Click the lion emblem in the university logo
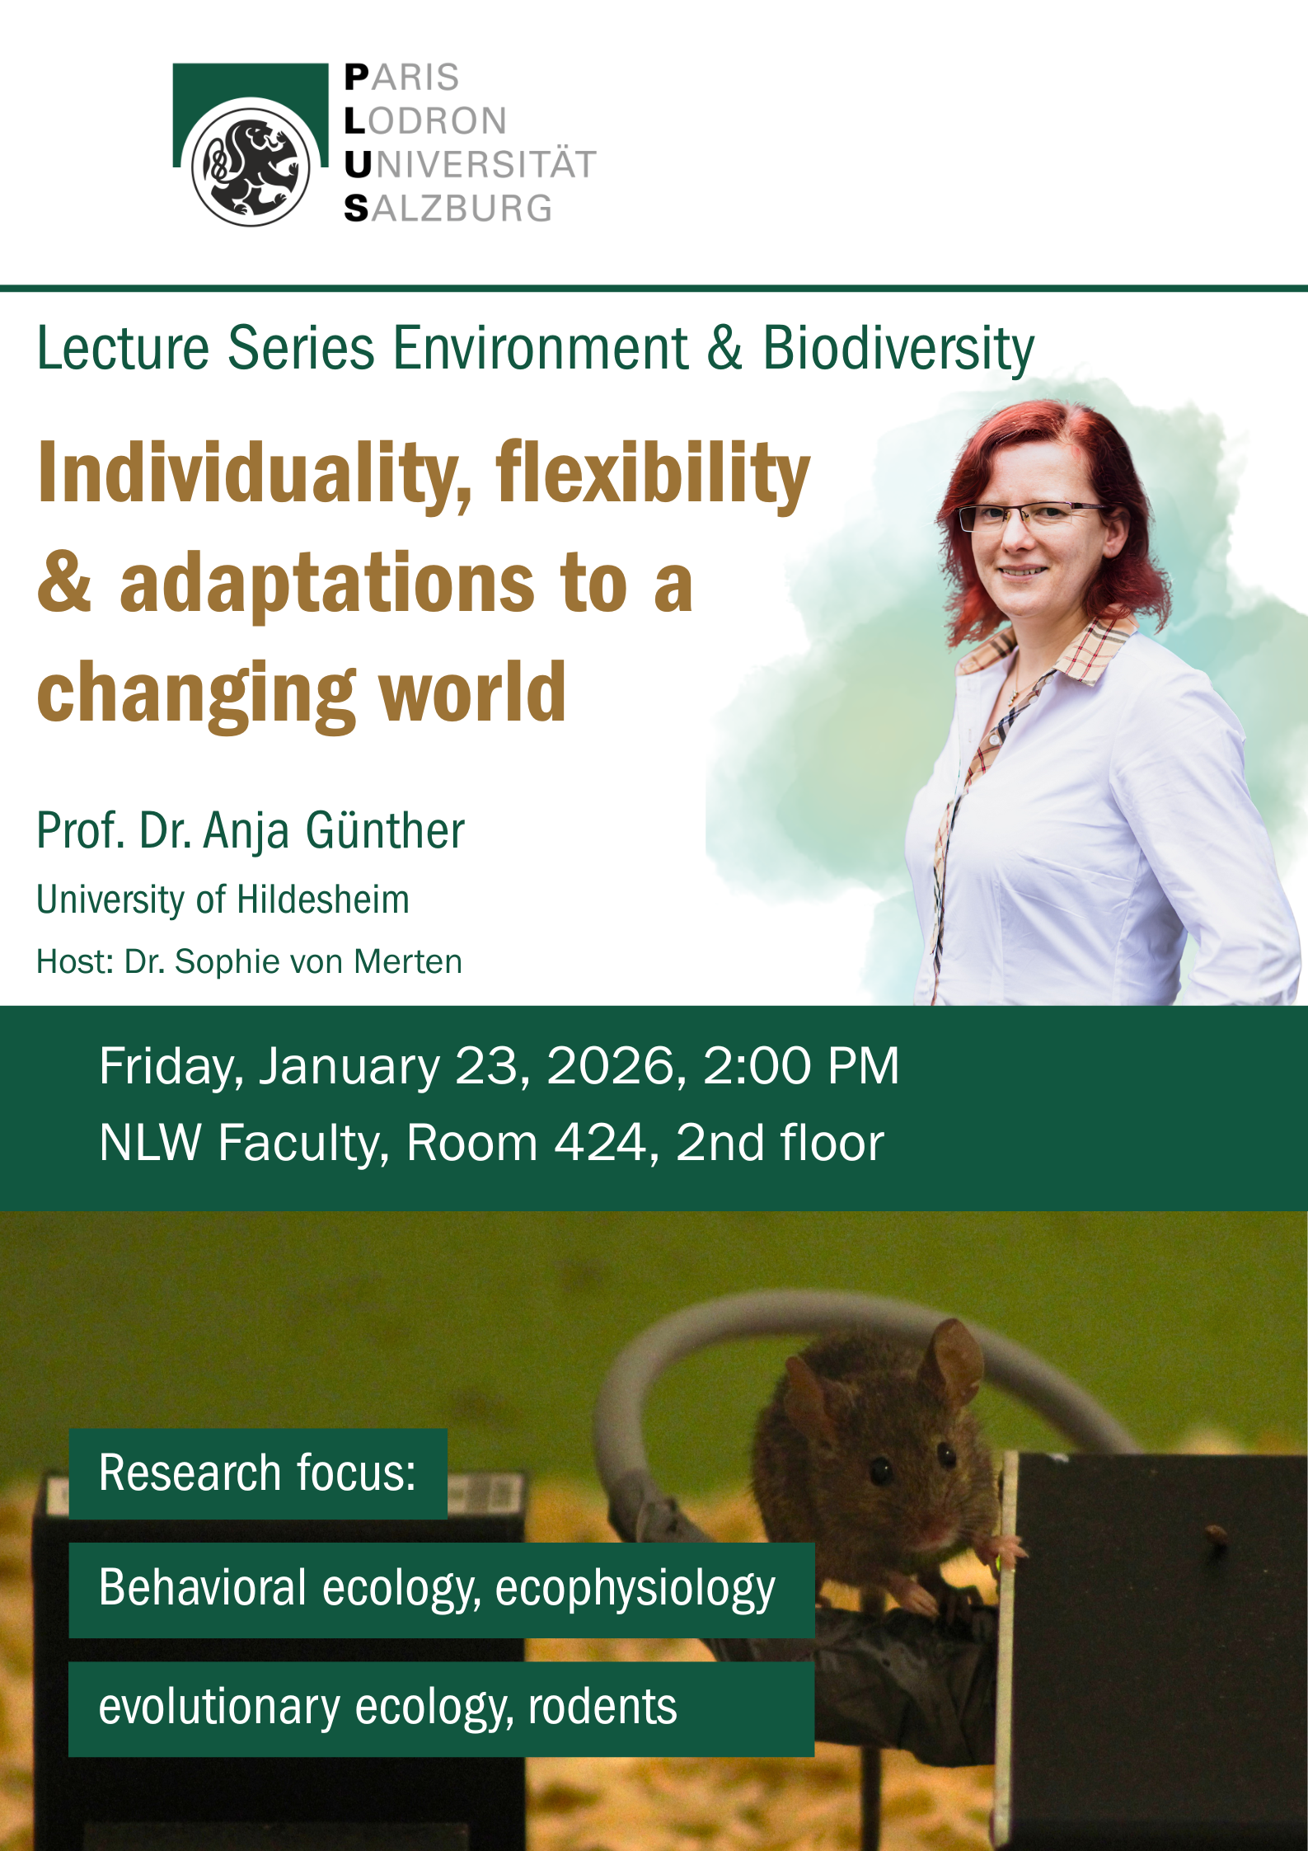point(251,166)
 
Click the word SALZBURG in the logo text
point(448,209)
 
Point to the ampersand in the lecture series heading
point(724,348)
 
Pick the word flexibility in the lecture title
point(653,475)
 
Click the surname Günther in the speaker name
point(385,830)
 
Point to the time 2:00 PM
point(800,1066)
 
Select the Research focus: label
point(257,1473)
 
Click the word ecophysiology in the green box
point(635,1589)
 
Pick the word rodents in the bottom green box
point(602,1708)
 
